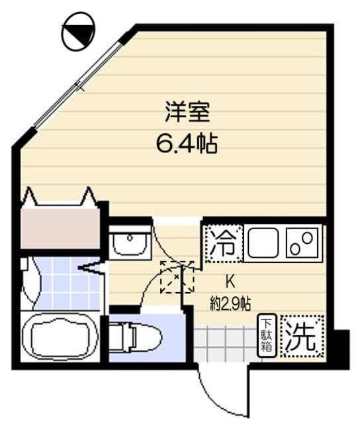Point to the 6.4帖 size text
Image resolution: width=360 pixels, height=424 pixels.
point(187,143)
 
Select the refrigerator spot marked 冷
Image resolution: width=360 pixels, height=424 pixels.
point(223,244)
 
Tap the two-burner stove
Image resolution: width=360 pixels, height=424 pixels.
point(303,244)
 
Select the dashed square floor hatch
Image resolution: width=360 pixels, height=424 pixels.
point(177,277)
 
